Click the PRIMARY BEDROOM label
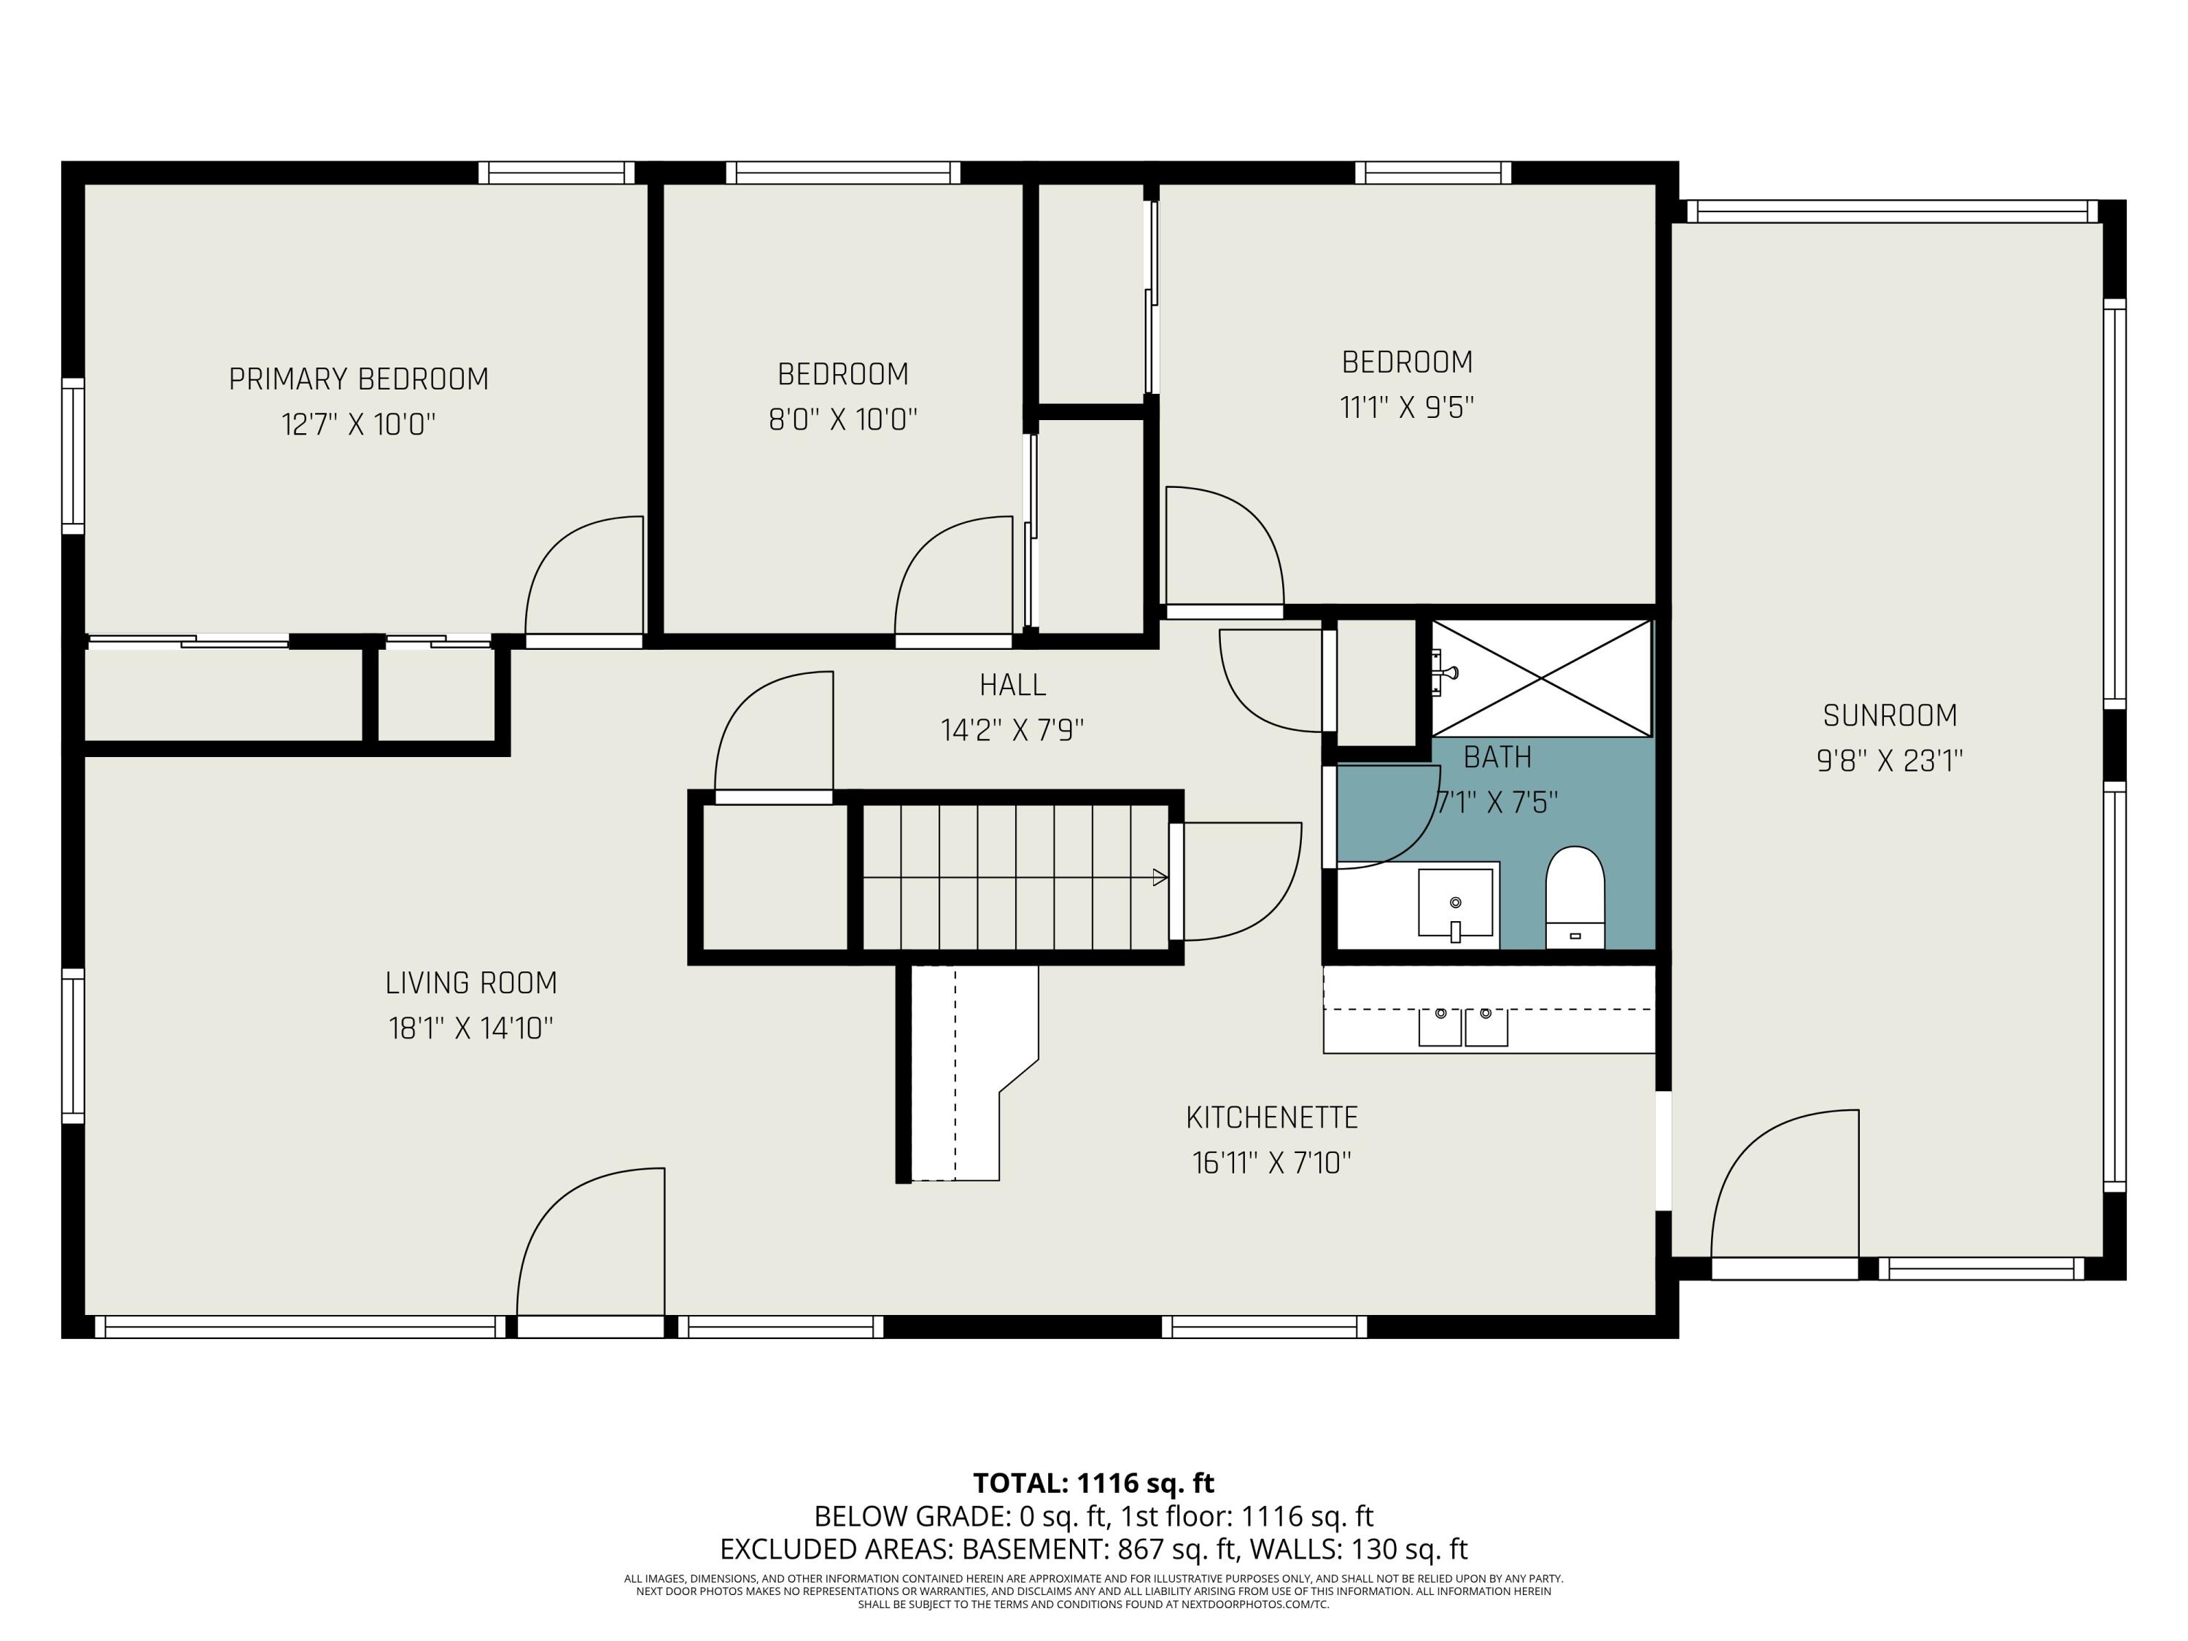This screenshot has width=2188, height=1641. tap(358, 379)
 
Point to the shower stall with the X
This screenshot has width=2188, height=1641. tap(1541, 678)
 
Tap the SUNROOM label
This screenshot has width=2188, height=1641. tap(1889, 715)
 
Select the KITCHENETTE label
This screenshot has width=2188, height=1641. tap(1271, 1118)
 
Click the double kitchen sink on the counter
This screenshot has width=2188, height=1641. tap(1463, 1027)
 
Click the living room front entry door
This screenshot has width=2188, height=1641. tap(591, 1246)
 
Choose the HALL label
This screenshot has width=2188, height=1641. tap(1012, 685)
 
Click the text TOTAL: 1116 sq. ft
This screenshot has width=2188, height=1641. tap(1093, 1483)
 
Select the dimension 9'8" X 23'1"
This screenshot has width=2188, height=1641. tap(1889, 761)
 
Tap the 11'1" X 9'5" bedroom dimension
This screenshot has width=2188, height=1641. tap(1407, 408)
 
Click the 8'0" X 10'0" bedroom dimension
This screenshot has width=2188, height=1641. tap(843, 419)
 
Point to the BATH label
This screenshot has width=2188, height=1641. tap(1497, 758)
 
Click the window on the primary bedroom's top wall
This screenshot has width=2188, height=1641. tap(557, 173)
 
